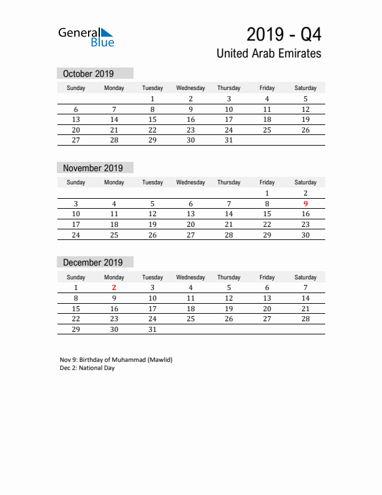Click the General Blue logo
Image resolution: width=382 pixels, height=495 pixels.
pos(86,37)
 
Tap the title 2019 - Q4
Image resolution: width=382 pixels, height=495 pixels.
pos(284,33)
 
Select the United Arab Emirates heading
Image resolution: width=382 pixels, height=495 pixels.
pos(268,54)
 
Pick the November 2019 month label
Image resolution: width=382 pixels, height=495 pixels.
pos(93,168)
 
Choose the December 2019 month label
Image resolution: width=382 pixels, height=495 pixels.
pos(93,262)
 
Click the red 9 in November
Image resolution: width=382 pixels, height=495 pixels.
pos(305,204)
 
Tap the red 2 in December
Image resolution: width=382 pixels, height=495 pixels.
pos(114,287)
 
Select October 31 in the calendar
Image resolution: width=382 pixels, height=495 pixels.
pos(228,141)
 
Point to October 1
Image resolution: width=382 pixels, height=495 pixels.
pos(152,99)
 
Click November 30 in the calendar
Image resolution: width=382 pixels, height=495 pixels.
pos(305,235)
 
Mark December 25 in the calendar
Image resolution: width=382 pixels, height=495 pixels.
pos(190,319)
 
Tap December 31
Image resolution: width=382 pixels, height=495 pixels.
pos(152,329)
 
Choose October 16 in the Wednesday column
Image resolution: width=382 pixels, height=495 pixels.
pos(190,119)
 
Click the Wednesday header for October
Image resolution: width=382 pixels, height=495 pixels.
pos(190,88)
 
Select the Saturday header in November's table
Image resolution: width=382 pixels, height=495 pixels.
pos(305,182)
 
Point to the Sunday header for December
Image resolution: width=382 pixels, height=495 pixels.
pos(76,277)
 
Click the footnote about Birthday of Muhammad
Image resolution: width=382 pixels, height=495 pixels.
pos(115,360)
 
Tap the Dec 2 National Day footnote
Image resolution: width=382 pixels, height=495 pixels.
pos(87,368)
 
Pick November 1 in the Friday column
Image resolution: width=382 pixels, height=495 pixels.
pos(267,193)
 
